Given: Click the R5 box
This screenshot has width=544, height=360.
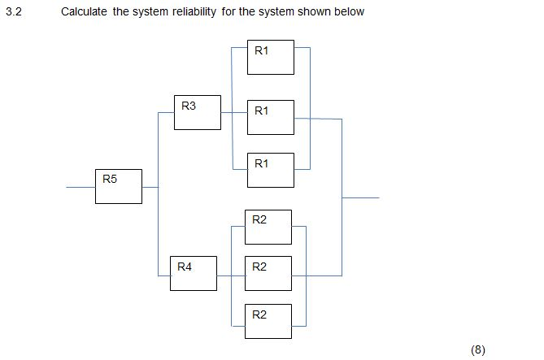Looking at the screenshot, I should point(118,186).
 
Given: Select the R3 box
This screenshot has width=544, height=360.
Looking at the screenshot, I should point(198,112).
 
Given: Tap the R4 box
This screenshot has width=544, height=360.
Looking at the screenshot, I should point(194,272).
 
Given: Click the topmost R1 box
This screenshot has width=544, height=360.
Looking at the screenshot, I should point(271,58).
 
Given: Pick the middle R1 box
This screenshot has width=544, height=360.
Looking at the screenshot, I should point(271,117).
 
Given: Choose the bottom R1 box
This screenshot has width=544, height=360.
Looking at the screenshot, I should point(271,169).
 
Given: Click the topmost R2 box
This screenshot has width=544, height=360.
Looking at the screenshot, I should point(268,227).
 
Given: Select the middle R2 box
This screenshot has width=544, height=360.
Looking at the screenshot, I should point(268,273).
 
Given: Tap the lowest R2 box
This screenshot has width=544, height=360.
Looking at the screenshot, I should point(268,320).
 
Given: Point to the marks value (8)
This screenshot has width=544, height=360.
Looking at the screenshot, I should point(477,349).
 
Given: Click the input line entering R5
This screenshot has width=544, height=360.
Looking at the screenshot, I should point(81,187).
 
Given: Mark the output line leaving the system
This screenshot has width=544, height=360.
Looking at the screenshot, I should point(361,197).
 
